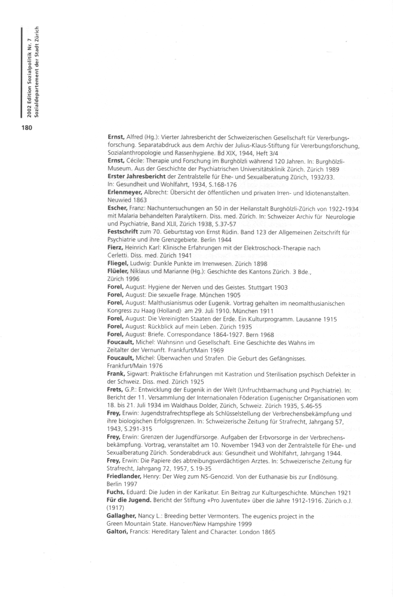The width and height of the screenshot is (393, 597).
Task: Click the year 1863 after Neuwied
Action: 138,200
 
